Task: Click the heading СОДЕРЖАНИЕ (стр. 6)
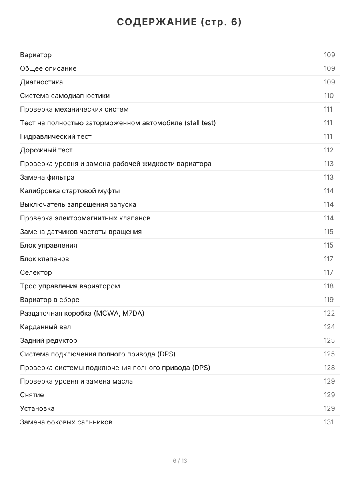click(x=180, y=22)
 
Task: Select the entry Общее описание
click(x=48, y=68)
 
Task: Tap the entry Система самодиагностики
click(x=65, y=96)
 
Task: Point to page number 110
click(x=329, y=96)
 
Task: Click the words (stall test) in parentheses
click(x=200, y=123)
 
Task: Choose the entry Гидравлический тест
click(x=56, y=136)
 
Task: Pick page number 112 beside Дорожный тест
click(x=329, y=150)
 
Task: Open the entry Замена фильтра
click(x=47, y=177)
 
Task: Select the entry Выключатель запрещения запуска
click(x=78, y=204)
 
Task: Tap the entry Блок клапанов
click(x=44, y=259)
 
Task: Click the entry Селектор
click(x=36, y=272)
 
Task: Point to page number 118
click(x=329, y=286)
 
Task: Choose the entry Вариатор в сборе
click(x=50, y=300)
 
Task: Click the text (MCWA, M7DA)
click(x=119, y=313)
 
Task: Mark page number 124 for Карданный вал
click(x=329, y=327)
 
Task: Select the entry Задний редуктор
click(x=49, y=340)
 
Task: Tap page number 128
click(x=329, y=368)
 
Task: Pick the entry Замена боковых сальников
click(x=66, y=422)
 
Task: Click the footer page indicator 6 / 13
click(x=180, y=461)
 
